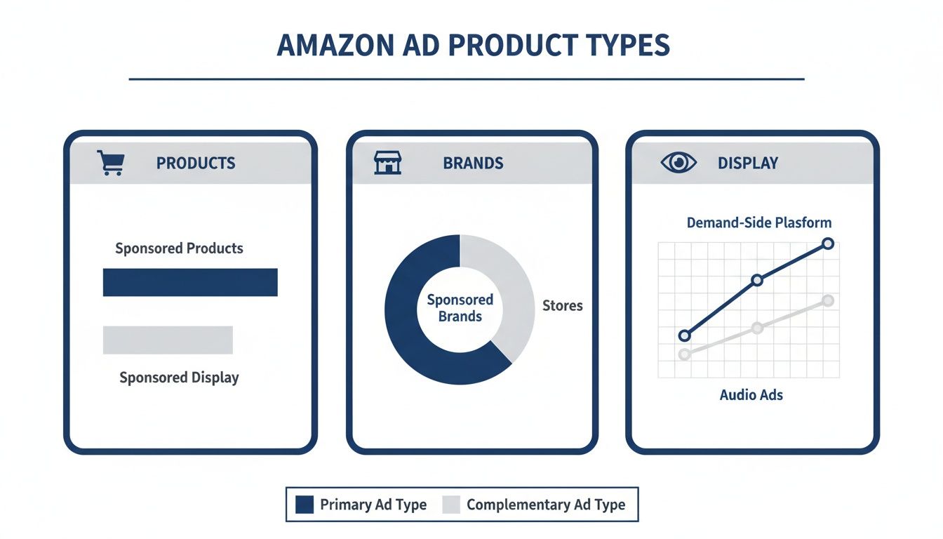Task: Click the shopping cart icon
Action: [109, 163]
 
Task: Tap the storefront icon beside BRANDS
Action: [387, 163]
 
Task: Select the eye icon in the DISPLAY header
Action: [678, 163]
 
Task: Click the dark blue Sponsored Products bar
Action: [190, 282]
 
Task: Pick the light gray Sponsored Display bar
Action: [168, 340]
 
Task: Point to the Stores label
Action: [563, 306]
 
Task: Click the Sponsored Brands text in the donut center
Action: [460, 308]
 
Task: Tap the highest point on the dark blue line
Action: [827, 244]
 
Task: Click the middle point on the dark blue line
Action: [756, 280]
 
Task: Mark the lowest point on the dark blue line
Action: [685, 335]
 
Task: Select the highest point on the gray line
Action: [827, 300]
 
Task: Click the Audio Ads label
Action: [751, 394]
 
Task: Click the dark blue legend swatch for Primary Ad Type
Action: [305, 505]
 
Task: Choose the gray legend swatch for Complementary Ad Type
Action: [452, 505]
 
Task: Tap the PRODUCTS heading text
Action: [196, 164]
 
